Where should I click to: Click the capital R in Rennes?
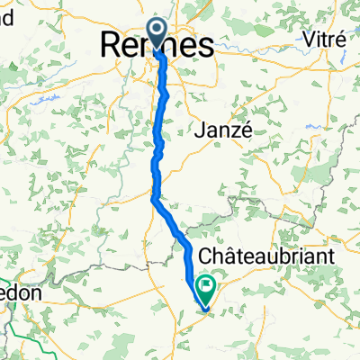pyautogui.click(x=109, y=43)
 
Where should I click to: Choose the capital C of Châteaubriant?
pyautogui.click(x=208, y=257)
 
